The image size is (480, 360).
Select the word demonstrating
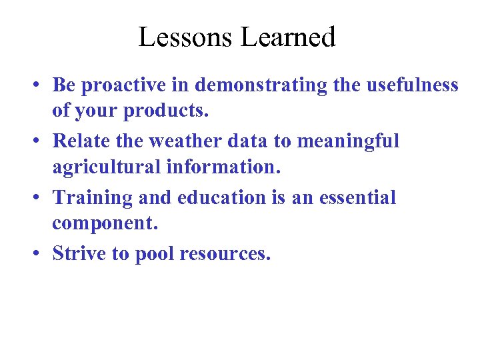tap(260, 86)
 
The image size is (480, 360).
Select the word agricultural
tap(106, 167)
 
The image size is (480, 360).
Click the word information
tap(223, 167)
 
